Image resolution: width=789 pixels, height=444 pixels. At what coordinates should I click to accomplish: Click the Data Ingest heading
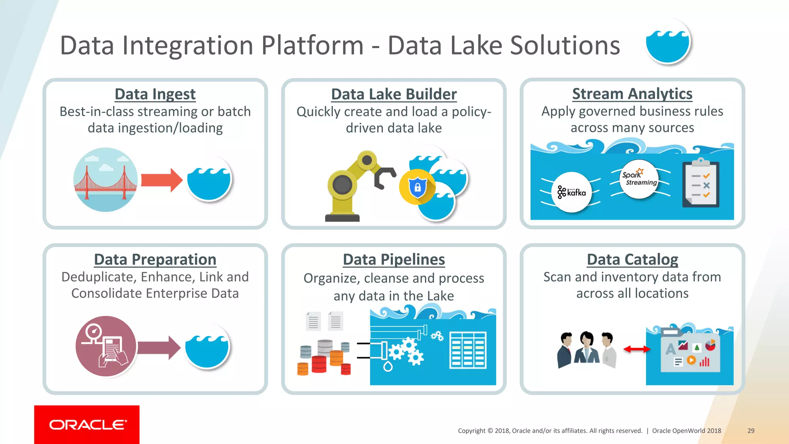click(x=155, y=94)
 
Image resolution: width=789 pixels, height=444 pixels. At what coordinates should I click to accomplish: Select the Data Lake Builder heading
click(x=394, y=94)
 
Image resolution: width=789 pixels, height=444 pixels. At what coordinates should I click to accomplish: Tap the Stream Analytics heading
click(x=632, y=94)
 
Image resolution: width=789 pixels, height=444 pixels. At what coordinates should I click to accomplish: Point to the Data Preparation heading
click(x=155, y=259)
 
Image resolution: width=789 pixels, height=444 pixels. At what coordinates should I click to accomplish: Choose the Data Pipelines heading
click(x=394, y=259)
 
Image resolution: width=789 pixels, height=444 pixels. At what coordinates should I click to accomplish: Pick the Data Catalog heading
click(x=632, y=259)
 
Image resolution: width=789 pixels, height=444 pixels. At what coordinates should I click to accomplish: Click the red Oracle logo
click(x=87, y=424)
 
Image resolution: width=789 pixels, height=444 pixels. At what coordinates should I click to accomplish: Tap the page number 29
click(x=751, y=431)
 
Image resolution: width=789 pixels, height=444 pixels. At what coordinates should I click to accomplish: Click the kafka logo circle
click(x=572, y=192)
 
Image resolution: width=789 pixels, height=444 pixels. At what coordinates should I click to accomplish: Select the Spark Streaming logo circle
click(x=640, y=179)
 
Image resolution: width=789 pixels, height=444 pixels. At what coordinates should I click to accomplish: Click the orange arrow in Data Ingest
click(x=161, y=180)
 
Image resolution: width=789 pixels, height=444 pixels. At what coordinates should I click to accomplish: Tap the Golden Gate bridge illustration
click(x=105, y=180)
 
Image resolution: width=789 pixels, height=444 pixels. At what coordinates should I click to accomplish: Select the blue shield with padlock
click(x=418, y=187)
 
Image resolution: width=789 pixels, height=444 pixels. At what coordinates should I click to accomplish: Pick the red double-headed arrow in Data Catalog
click(x=636, y=349)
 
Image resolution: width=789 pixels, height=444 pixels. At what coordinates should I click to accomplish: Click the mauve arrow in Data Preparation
click(x=158, y=347)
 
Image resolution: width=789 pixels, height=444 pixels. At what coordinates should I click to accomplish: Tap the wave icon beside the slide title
click(x=668, y=42)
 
